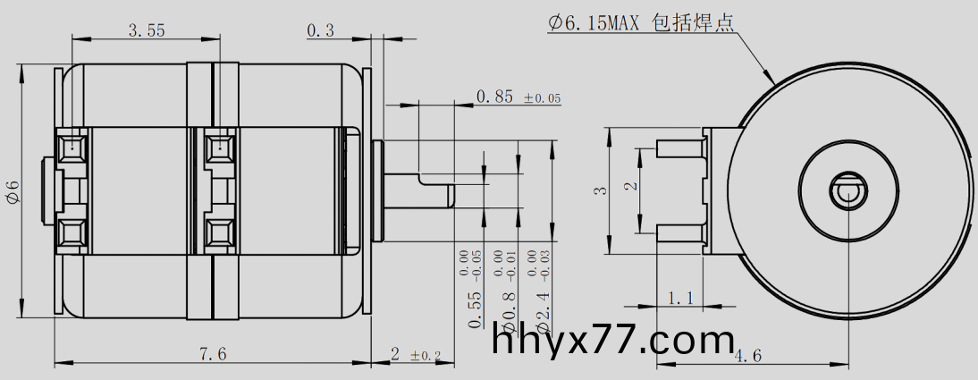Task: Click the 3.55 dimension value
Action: (x=146, y=30)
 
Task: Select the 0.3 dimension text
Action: (x=320, y=30)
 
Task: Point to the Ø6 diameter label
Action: (x=12, y=190)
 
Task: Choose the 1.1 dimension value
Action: (x=681, y=298)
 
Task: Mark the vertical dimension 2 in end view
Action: (x=630, y=187)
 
